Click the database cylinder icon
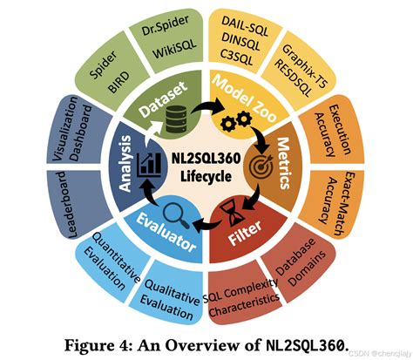176,119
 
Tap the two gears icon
236,121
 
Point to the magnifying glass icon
176,215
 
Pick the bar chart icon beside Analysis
149,165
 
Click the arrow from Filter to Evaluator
206,225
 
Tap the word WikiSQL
175,48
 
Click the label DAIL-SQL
245,26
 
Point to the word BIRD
118,82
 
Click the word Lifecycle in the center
206,176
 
